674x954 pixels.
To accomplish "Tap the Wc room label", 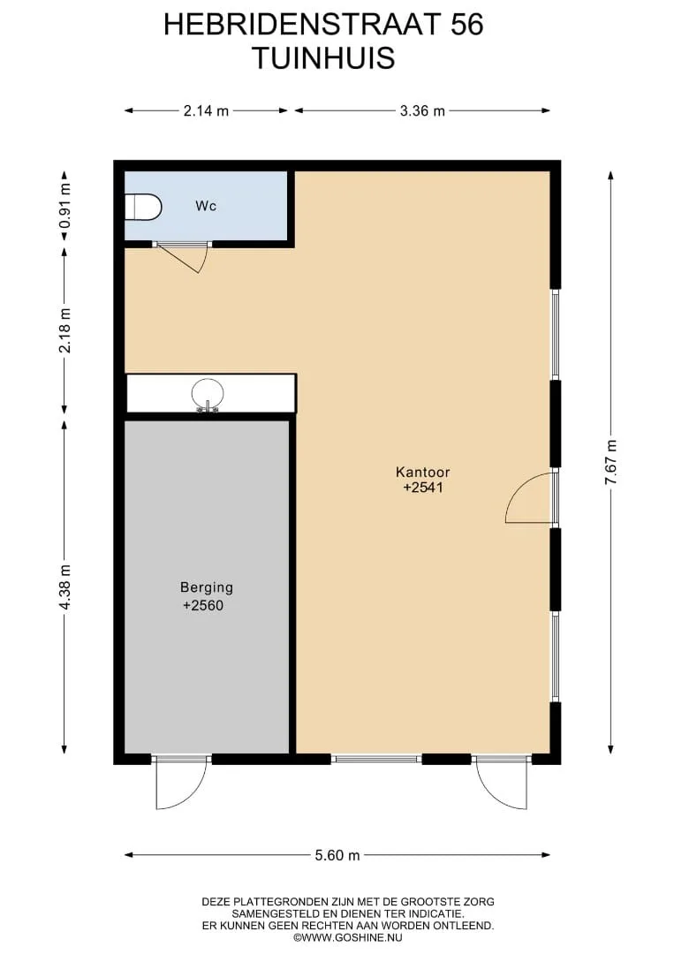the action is [206, 206].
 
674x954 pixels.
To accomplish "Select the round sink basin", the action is [208, 394].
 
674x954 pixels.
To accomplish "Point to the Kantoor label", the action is [423, 472].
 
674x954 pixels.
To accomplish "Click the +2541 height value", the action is [423, 488].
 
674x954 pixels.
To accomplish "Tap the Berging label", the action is [207, 587].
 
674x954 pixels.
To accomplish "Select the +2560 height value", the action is [203, 605].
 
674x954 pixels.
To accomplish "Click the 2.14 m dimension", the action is [206, 110].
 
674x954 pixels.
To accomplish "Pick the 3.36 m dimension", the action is [422, 110].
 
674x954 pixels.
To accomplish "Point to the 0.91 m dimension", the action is [65, 206].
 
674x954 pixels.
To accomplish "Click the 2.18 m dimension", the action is [65, 330].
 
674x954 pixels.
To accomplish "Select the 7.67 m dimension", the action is [610, 462].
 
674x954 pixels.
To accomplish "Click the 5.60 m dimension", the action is [337, 855].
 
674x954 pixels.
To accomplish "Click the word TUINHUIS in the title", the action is [323, 58].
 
